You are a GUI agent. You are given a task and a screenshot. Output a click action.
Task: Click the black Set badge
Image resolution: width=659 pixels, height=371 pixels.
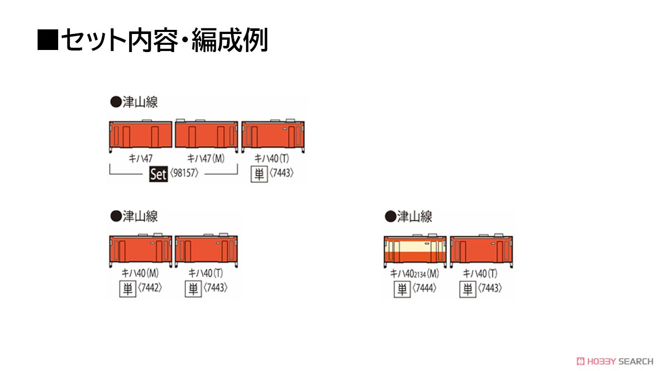click(x=158, y=174)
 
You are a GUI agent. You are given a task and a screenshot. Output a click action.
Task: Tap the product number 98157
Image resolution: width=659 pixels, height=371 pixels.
click(x=184, y=173)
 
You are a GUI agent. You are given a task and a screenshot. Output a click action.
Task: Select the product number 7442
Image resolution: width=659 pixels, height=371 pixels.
click(x=150, y=288)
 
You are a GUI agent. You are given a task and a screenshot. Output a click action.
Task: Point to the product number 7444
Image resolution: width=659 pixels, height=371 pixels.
click(x=424, y=288)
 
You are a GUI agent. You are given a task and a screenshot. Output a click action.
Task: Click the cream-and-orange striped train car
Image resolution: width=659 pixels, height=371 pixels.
click(x=415, y=250)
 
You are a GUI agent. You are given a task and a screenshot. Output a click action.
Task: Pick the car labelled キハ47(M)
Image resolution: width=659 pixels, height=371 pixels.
click(x=206, y=136)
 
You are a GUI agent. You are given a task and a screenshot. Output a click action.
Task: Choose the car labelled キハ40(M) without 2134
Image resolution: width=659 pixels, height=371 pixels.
click(x=141, y=250)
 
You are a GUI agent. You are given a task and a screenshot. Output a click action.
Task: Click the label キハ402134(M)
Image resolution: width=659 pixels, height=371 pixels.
click(x=414, y=274)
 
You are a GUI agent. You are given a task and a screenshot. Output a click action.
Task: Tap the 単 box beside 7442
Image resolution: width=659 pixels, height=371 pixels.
click(x=128, y=289)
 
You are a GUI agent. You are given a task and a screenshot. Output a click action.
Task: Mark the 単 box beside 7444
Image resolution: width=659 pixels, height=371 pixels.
click(x=402, y=289)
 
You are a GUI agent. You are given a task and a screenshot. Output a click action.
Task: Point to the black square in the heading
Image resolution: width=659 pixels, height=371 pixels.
click(x=48, y=39)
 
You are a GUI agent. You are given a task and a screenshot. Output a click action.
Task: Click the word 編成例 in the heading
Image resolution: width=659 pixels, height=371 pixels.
click(x=230, y=40)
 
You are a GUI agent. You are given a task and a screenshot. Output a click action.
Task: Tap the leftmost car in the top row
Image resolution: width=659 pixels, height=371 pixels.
click(x=141, y=136)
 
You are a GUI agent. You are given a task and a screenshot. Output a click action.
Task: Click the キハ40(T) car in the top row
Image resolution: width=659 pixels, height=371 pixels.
click(x=273, y=136)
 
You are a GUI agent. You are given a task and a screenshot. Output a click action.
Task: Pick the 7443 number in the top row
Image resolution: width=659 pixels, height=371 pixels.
click(x=282, y=173)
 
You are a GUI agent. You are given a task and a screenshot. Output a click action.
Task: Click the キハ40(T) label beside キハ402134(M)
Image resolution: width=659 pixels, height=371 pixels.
click(x=480, y=274)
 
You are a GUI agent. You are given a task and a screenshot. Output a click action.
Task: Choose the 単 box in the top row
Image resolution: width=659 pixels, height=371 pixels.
click(x=259, y=174)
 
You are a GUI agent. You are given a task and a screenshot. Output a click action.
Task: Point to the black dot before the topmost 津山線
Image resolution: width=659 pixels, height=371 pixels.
click(x=116, y=102)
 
